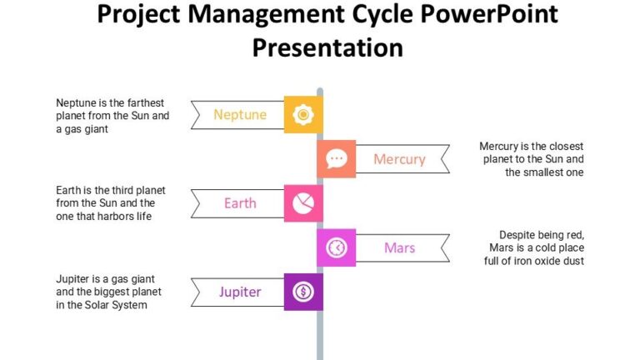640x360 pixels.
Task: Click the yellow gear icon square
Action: click(x=303, y=114)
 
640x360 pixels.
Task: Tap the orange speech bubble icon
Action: click(x=336, y=158)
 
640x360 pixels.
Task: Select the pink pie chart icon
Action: click(x=303, y=202)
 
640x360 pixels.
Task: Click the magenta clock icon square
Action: click(x=336, y=247)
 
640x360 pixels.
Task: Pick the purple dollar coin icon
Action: click(x=303, y=292)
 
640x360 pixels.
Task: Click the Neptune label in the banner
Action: click(x=240, y=114)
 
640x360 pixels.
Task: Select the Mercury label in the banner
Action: click(x=399, y=159)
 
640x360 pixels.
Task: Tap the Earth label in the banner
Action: click(x=240, y=203)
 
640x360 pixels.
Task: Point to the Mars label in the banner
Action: click(x=399, y=247)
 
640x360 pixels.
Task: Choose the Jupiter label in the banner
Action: click(x=240, y=292)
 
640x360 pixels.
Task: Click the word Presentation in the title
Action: click(x=327, y=47)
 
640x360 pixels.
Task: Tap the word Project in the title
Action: click(x=142, y=14)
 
